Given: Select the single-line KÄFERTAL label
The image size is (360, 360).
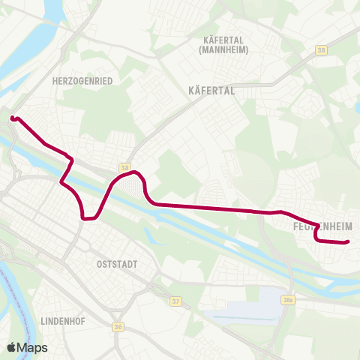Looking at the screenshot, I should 210,90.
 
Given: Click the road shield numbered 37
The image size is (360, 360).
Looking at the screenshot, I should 176,301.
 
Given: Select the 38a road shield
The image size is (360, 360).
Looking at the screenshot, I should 288,300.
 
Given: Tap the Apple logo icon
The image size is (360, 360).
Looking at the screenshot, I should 12,347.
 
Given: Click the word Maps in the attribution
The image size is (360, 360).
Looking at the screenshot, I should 33,347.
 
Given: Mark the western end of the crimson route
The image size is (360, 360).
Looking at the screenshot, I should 12,118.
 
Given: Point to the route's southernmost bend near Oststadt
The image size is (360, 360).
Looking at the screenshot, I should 86,219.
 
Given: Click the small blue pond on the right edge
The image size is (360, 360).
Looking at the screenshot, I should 356,109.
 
